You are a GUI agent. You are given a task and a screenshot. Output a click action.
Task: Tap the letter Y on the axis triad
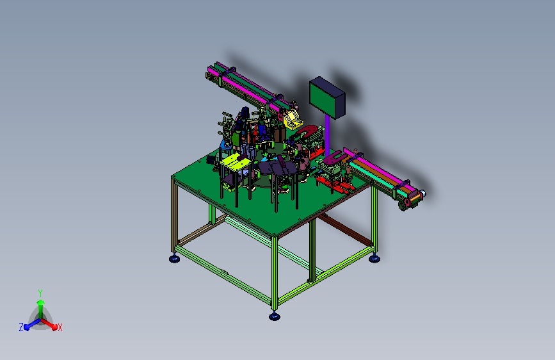coord(40,293)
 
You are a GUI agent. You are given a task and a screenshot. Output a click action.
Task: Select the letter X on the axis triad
coord(60,328)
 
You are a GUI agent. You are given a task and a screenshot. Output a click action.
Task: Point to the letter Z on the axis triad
coord(21,327)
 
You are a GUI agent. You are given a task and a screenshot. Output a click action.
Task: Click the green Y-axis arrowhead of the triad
coord(40,302)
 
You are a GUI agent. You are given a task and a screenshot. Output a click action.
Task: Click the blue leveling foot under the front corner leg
coord(275,316)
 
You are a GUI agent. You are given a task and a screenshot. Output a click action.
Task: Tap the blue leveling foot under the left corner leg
coord(174,259)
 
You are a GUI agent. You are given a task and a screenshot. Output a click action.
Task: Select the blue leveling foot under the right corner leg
coord(374,259)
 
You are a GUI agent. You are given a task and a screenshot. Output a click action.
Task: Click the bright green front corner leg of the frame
coord(275,273)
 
